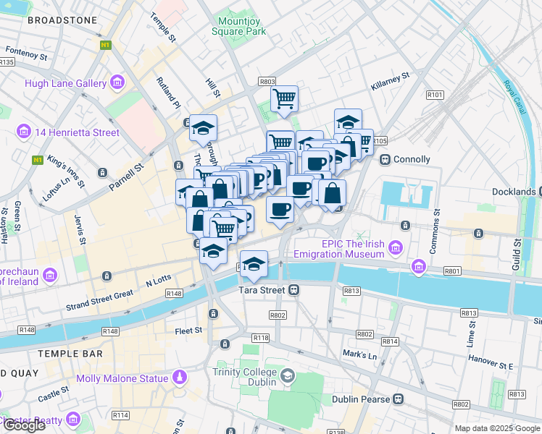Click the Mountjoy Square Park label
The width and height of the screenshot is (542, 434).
[x=238, y=26]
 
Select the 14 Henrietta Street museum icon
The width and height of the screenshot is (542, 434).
[x=24, y=132]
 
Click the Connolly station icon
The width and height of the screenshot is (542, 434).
[x=385, y=159]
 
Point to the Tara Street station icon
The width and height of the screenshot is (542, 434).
[x=293, y=290]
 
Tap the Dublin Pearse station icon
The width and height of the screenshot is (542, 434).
[x=398, y=399]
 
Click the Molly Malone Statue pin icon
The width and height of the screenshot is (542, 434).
[x=180, y=378]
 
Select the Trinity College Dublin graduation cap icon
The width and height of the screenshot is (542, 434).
[x=288, y=376]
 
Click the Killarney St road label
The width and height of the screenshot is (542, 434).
[x=390, y=76]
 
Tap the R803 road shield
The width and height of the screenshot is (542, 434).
[x=267, y=82]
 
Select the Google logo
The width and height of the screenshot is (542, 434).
[x=25, y=425]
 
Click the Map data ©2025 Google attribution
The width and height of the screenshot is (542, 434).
[x=496, y=428]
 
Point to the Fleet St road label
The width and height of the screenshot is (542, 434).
[x=188, y=331]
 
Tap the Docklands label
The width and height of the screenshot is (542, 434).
[x=515, y=192]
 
